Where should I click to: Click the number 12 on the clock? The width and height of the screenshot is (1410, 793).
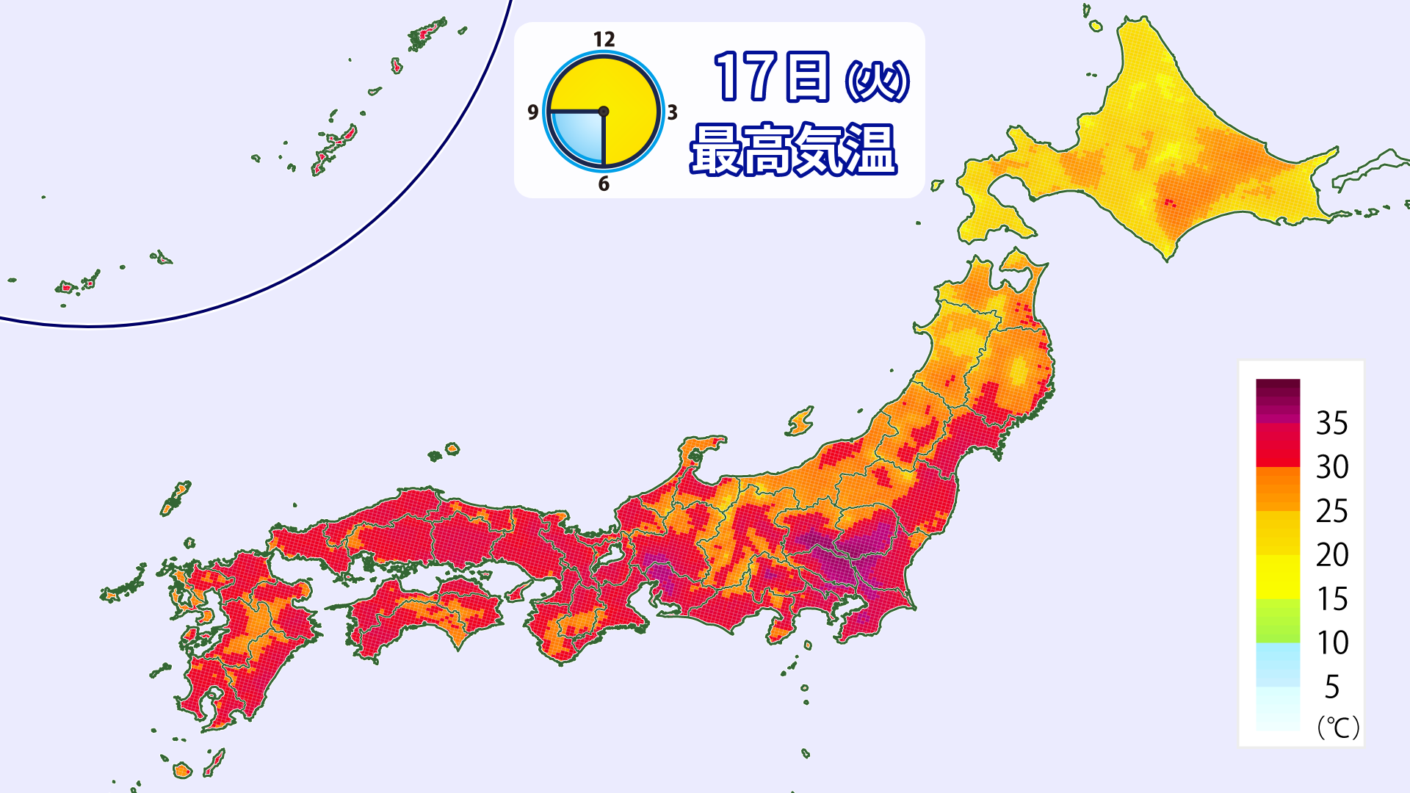(x=604, y=40)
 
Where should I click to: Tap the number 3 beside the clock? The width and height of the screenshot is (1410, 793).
(x=672, y=112)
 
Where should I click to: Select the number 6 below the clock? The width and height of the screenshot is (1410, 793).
(x=604, y=184)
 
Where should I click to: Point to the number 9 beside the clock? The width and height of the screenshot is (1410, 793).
(x=533, y=112)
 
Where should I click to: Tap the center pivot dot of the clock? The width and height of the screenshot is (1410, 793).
(x=604, y=112)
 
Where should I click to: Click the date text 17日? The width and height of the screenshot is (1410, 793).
(x=771, y=77)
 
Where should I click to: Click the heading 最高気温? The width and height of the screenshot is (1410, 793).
(x=793, y=150)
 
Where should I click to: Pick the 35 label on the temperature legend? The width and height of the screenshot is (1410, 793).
(x=1331, y=424)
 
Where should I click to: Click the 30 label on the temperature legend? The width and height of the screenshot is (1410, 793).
(x=1331, y=467)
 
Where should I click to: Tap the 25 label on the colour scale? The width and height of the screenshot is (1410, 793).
(x=1331, y=511)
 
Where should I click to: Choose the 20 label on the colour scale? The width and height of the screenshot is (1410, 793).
(x=1331, y=555)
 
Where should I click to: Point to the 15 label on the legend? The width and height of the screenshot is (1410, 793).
(x=1331, y=599)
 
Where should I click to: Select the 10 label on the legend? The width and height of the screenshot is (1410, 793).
(x=1331, y=643)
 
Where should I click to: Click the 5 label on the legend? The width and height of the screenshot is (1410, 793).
(x=1331, y=687)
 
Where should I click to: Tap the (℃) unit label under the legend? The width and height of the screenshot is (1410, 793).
(x=1338, y=727)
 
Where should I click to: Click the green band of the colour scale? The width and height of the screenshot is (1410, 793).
(x=1278, y=621)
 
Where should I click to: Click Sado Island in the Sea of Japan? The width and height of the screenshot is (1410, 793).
(x=800, y=421)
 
